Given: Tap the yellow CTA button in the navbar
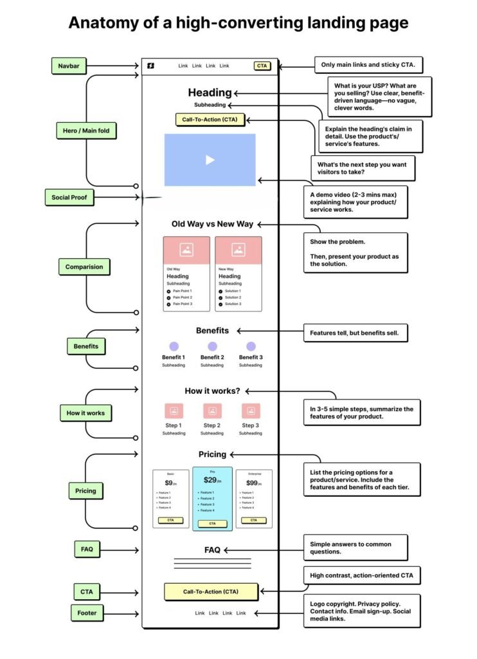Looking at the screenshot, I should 262,66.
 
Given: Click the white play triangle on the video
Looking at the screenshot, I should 210,160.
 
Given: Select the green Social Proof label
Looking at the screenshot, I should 69,197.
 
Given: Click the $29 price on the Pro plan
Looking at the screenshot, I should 211,480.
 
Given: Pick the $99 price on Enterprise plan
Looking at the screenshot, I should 253,483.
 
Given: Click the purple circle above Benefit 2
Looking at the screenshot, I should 212,346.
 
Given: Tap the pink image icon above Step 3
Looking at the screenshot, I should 251,411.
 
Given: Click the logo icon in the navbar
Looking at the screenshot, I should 150,66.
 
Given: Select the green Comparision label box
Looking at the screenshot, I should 84,266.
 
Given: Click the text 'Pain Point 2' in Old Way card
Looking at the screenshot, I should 181,297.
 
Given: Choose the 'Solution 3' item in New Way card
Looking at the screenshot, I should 232,304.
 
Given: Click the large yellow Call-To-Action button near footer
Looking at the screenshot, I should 211,591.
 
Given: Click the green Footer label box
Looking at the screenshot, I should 87,613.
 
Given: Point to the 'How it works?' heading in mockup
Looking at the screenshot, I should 212,391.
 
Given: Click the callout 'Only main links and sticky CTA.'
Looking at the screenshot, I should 368,65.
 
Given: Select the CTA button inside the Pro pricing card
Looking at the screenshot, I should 212,523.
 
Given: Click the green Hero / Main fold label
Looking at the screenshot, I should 86,131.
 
